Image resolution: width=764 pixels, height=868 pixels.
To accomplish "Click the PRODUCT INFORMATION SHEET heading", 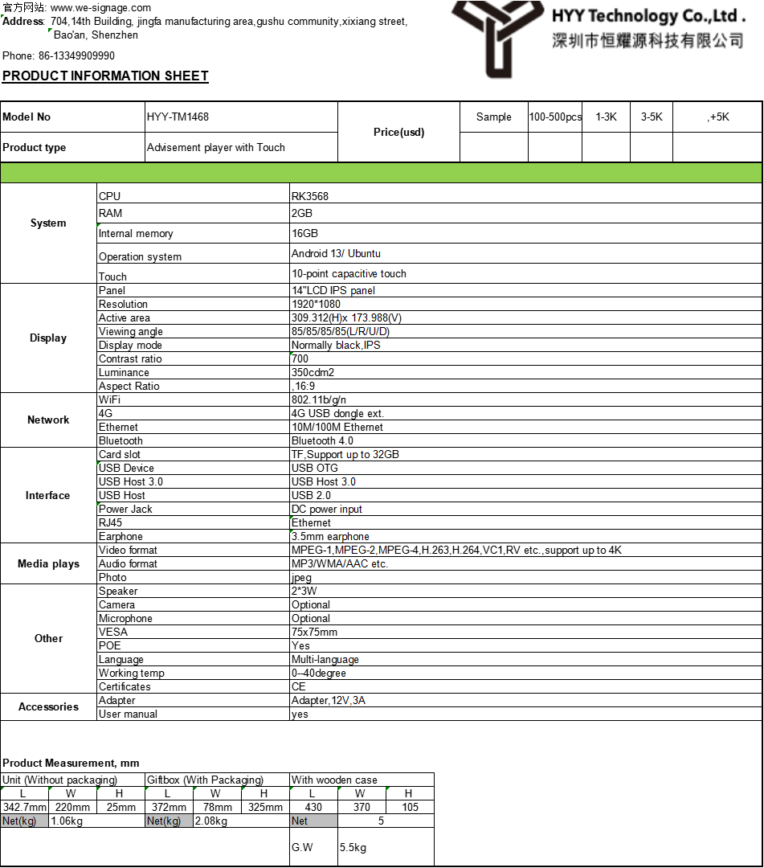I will point(105,76).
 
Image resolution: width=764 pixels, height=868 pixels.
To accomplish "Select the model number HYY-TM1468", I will point(178,117).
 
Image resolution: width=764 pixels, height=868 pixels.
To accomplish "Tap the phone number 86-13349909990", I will point(76,56).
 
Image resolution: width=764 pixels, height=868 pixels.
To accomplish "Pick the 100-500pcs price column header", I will point(555,117).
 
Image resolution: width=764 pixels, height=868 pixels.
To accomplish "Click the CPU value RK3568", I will point(310,196).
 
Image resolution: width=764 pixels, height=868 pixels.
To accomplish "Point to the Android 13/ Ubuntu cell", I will point(336,254).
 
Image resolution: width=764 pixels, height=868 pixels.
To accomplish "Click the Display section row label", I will point(48,338).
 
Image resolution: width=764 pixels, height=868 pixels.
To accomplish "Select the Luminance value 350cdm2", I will point(313,373).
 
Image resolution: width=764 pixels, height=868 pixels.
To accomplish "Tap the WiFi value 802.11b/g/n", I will point(319,399).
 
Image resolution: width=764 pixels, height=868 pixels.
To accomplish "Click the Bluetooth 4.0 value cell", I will point(322,441).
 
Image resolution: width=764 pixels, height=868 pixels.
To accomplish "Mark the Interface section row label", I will point(48,496).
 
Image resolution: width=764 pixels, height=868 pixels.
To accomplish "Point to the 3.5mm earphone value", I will point(330,537).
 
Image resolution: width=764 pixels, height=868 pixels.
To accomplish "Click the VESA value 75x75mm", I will point(314,633).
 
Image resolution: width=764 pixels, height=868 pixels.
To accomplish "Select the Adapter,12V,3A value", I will point(329,701).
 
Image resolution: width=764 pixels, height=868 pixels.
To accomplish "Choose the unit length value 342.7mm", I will point(25,808).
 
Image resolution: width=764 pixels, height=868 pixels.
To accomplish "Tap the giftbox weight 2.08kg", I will point(211,821).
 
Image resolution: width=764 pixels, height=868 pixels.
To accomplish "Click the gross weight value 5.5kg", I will point(353,848).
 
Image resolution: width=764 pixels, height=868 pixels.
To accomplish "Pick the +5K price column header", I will point(718,117).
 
